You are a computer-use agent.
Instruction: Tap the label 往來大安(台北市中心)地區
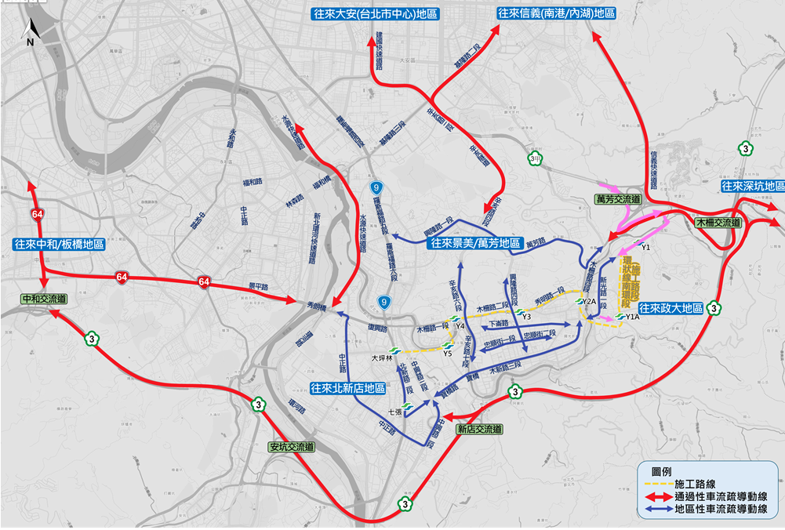[375, 13]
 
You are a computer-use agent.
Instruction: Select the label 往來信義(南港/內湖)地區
[556, 13]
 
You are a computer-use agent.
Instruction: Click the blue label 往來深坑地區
[752, 187]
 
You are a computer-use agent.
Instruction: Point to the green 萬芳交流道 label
[618, 201]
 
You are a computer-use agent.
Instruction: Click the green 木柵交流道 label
[717, 223]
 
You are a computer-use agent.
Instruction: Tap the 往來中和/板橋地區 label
[59, 244]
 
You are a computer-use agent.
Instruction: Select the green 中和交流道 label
[45, 298]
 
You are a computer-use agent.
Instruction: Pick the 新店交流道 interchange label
[478, 429]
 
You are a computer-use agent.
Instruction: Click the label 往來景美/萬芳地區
[474, 244]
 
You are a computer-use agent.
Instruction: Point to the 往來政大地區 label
[671, 308]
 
